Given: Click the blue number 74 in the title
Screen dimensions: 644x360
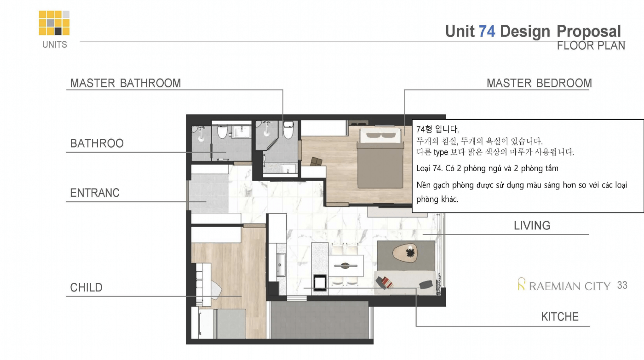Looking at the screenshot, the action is coord(487,31).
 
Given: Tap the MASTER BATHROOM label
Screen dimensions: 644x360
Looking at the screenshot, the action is coord(126,83).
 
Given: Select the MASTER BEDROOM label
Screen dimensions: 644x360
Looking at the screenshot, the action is coord(539,83).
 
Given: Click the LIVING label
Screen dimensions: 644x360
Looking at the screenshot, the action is coord(532,226).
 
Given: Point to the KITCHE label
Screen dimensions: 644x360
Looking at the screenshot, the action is coord(560,317).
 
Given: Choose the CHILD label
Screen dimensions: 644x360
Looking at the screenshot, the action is coord(86,287).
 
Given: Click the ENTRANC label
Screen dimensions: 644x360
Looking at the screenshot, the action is coord(95,193).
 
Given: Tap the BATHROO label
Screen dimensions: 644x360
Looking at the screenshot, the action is coord(97,143).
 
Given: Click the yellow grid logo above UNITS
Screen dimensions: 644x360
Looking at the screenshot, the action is coord(54,23).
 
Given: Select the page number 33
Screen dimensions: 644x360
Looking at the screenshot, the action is coord(622,286).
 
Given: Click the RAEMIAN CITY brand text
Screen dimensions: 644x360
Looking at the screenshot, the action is coord(569,286).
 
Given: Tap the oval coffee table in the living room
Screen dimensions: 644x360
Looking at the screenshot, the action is coord(405,253).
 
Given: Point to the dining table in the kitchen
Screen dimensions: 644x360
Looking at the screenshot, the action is coord(346,266).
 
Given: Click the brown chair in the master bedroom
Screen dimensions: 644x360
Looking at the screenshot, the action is coord(316,161).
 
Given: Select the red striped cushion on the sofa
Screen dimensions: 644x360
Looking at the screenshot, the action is coord(387,282).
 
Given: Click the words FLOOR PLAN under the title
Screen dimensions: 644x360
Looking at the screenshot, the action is coord(591,46).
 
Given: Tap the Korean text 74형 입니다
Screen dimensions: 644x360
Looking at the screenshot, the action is coord(437,129).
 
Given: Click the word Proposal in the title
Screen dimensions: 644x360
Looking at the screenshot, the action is coord(589,32).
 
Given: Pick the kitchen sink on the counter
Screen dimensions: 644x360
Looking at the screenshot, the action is coord(280,264).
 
